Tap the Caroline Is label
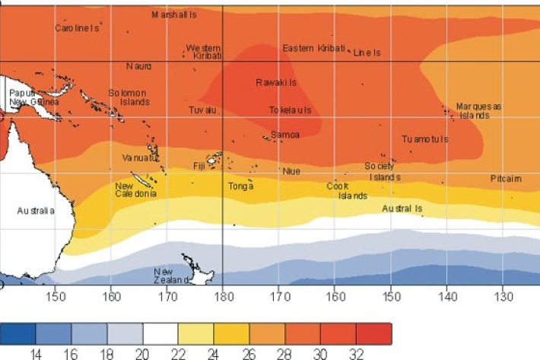(77, 28)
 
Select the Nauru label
(139, 66)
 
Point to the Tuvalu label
(203, 110)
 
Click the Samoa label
(285, 135)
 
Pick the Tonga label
(240, 186)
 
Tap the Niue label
(291, 171)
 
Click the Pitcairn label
(506, 179)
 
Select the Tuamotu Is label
(424, 139)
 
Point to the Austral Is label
(402, 208)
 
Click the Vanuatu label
(139, 158)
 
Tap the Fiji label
(199, 165)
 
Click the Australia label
(37, 211)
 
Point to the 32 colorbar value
(356, 354)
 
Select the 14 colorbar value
(36, 354)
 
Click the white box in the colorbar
(160, 333)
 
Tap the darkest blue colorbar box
(17, 333)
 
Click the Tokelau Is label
(290, 110)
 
